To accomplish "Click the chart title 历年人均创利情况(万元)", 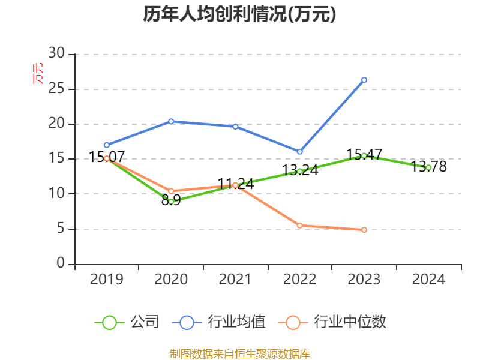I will [x=239, y=14].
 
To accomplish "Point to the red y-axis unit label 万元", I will [x=38, y=73].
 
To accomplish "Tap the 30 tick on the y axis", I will [x=56, y=53].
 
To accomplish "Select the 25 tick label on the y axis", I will [x=56, y=89].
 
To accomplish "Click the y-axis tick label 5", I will [x=61, y=229].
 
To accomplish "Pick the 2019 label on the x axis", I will [x=107, y=280].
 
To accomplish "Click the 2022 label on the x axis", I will [x=299, y=280].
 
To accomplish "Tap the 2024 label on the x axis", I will [x=428, y=280].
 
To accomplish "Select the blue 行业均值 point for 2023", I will [x=364, y=80].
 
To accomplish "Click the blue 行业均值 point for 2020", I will [x=171, y=121].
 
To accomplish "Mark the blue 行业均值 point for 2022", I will [x=300, y=152].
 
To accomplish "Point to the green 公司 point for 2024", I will [x=428, y=167].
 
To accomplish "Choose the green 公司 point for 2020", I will [x=171, y=202].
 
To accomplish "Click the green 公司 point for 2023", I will [x=364, y=155].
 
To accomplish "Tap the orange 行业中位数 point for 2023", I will [x=364, y=230].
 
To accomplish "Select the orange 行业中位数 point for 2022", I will [x=300, y=226].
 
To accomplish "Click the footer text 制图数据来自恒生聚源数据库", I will [x=239, y=353].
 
